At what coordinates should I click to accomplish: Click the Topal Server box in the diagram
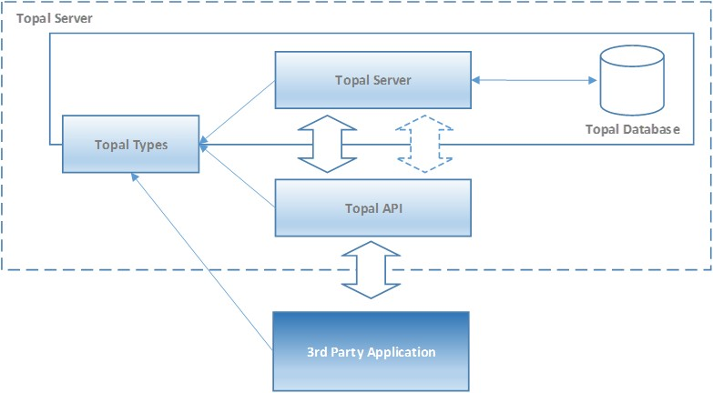point(372,79)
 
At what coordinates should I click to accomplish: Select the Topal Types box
point(130,144)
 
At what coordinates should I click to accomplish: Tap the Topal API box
point(372,207)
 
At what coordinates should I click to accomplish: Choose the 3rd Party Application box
point(371,351)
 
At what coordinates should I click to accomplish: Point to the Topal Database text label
point(632,129)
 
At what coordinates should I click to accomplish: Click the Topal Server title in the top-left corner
point(54,18)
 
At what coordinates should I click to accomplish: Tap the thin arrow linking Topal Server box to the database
point(534,80)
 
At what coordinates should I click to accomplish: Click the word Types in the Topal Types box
point(149,144)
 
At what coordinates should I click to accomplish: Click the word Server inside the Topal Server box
point(392,79)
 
